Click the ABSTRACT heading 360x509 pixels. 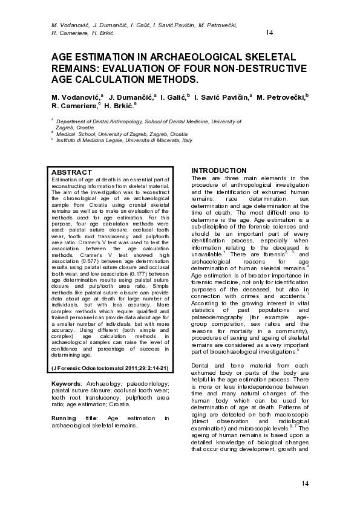pos(72,172)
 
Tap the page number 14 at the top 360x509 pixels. pos(270,32)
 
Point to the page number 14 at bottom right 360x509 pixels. pos(305,483)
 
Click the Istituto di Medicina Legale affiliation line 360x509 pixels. pos(124,140)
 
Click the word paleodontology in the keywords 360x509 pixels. pos(132,383)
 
